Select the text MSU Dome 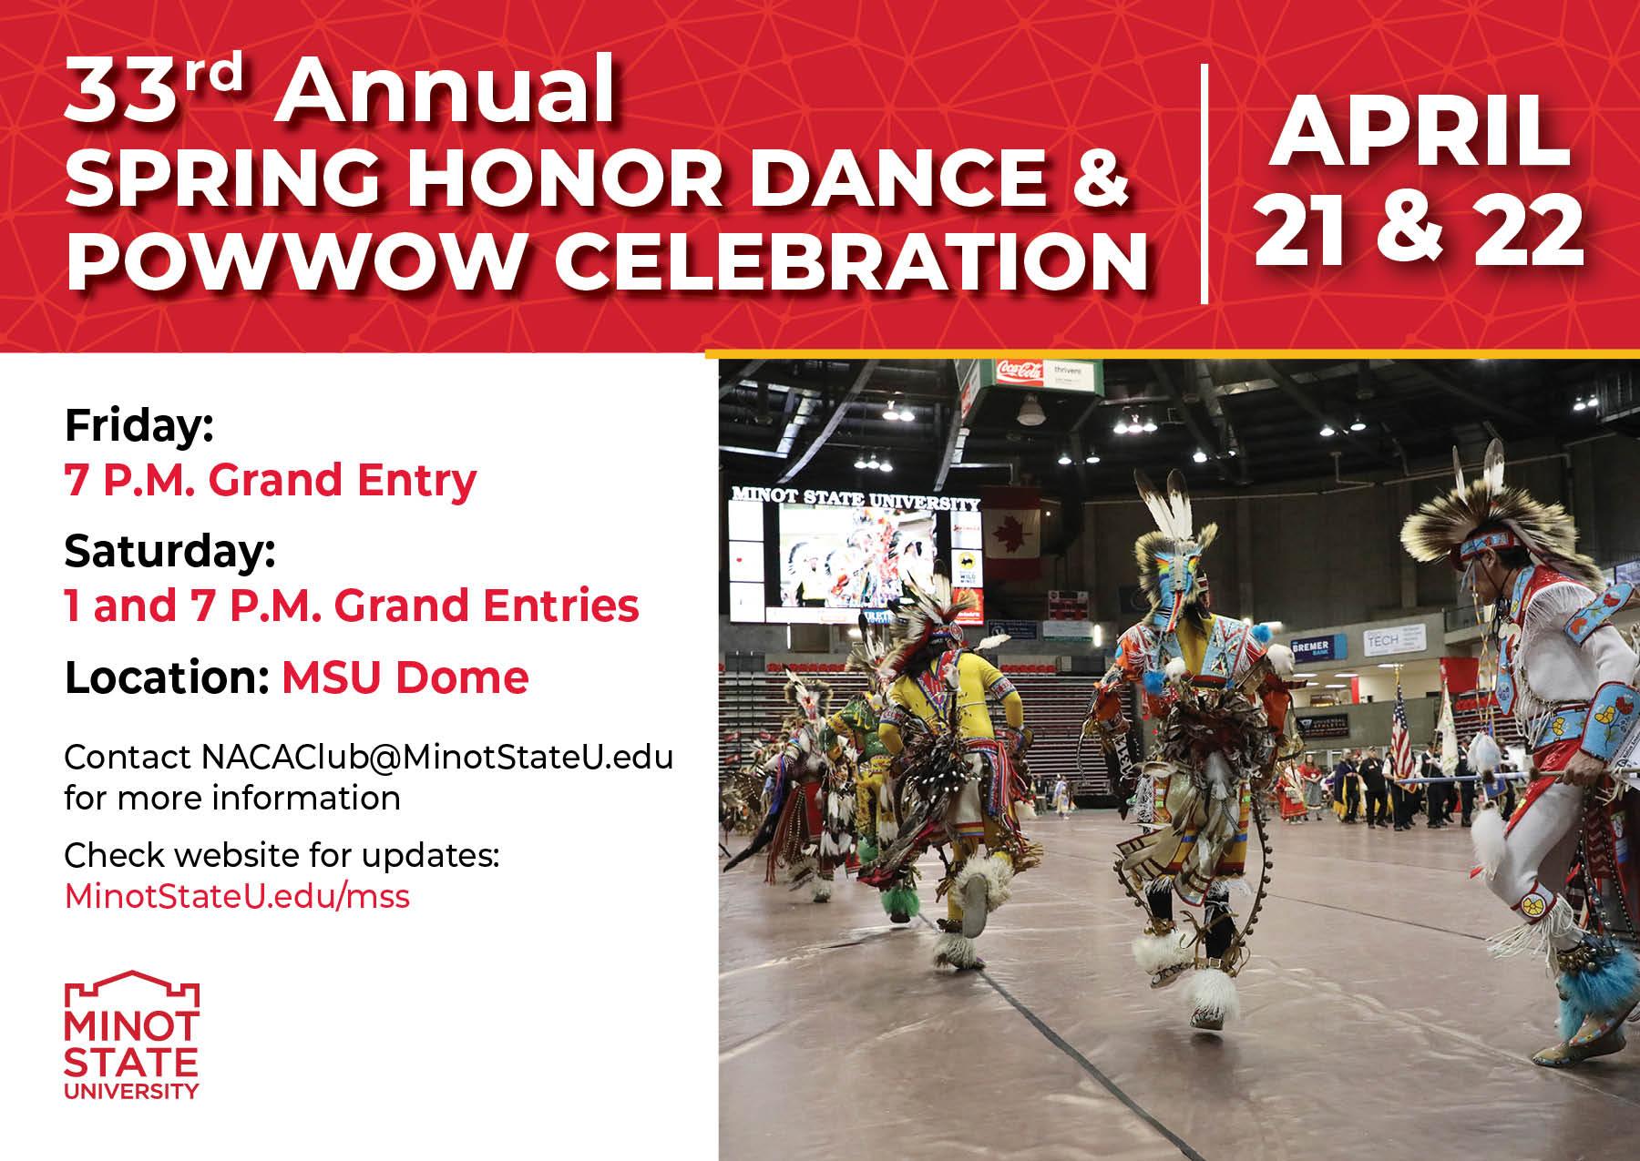(x=405, y=677)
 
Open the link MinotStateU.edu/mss (x=237, y=896)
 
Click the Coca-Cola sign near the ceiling (x=1019, y=371)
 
